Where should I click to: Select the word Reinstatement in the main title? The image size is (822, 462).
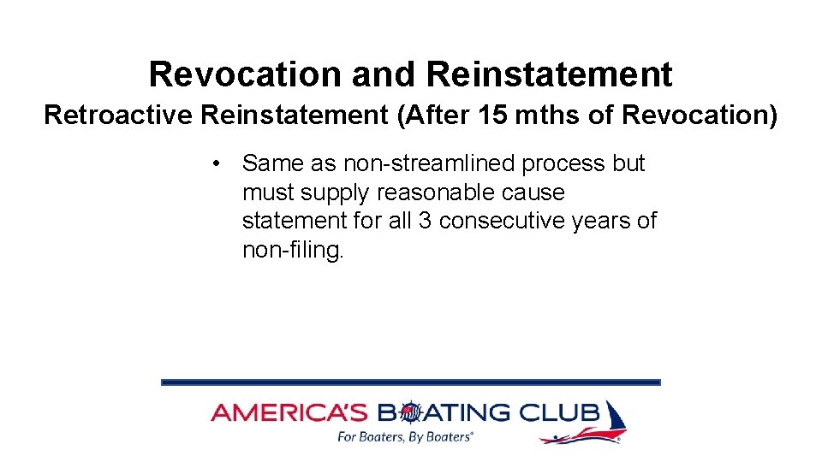[x=549, y=74]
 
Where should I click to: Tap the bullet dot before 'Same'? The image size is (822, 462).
[x=221, y=163]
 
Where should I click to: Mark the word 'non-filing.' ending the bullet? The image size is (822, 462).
[x=293, y=250]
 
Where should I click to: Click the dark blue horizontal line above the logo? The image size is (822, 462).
[x=411, y=382]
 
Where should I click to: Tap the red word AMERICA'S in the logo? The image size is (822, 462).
[x=289, y=413]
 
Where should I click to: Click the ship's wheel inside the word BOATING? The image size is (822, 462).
[x=411, y=414]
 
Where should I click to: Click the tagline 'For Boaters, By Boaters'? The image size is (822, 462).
[x=405, y=437]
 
